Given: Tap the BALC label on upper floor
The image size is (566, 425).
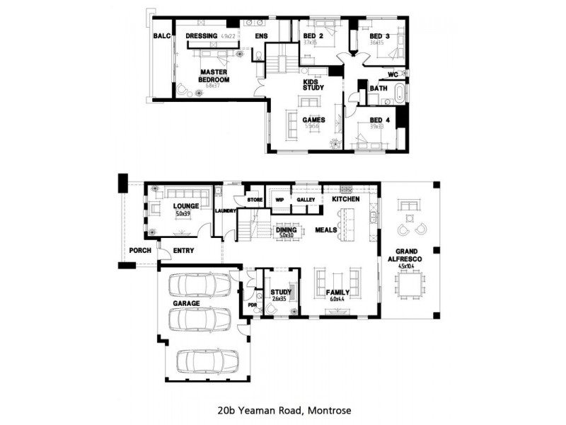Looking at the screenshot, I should [161, 36].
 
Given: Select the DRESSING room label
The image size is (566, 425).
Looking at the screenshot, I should [200, 35].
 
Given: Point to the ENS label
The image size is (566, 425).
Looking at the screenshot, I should [262, 35].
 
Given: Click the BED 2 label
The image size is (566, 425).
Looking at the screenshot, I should [313, 35].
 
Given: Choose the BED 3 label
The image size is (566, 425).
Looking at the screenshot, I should [379, 35].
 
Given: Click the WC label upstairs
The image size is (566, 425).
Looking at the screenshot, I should [393, 74].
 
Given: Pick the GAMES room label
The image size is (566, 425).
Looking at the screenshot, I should [313, 120].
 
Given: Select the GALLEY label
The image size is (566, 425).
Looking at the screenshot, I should [306, 200].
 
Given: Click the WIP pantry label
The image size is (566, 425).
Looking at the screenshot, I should [279, 200].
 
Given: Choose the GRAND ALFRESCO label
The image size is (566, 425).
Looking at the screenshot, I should [410, 255].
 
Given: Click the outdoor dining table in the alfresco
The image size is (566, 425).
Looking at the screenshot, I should [410, 287].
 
